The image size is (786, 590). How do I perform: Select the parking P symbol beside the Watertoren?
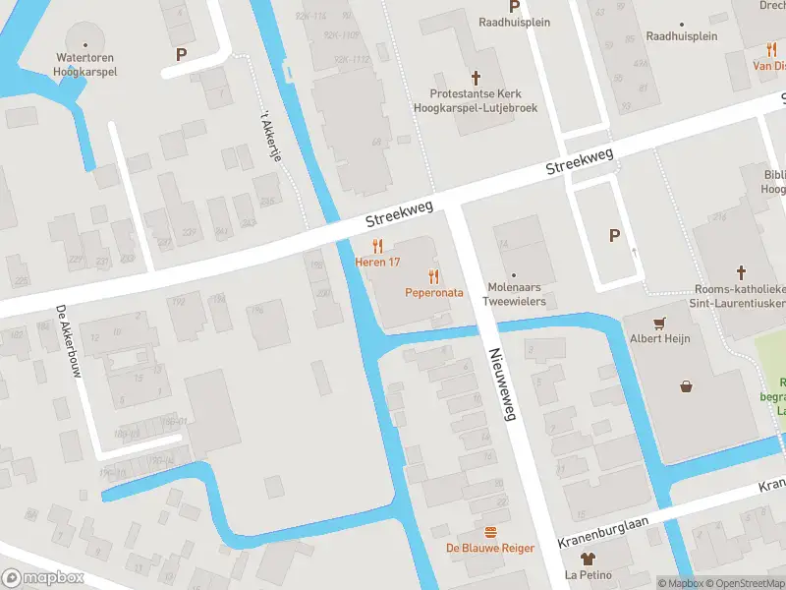(181, 55)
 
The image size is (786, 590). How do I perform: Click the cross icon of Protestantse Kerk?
(477, 77)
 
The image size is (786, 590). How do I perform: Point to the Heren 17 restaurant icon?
(377, 247)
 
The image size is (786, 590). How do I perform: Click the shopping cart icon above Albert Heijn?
(659, 323)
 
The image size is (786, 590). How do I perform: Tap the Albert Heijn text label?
(659, 339)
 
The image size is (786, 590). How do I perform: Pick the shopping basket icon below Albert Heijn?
(686, 386)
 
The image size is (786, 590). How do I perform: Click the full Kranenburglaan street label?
(606, 531)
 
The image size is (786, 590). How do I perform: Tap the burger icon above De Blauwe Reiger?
(490, 531)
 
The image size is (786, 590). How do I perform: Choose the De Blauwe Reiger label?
(490, 548)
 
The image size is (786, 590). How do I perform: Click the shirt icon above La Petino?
(588, 560)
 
